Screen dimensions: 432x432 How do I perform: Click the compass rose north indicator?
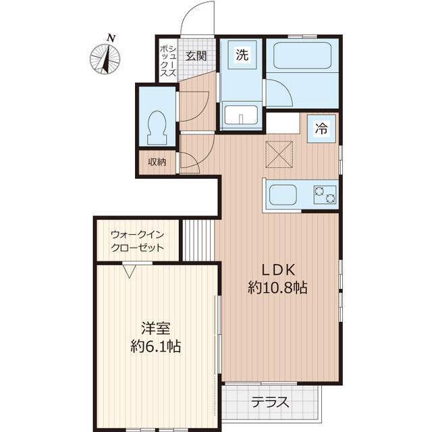click(105, 56)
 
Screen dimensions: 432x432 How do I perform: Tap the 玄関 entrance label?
click(196, 56)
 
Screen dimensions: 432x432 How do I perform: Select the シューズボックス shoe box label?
click(168, 61)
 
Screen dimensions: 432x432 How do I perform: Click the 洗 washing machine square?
click(242, 55)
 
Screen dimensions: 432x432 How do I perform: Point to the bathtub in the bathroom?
click(302, 55)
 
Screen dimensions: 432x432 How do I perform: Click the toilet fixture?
click(157, 128)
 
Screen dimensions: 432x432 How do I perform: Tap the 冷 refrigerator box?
click(321, 128)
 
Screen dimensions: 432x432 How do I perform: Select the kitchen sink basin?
click(283, 194)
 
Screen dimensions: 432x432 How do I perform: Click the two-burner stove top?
click(325, 194)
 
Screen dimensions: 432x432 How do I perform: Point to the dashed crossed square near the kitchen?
click(279, 155)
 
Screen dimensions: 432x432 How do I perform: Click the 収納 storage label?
click(157, 162)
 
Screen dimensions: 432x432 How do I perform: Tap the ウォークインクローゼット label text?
click(137, 241)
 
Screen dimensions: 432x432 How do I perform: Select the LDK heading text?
click(278, 270)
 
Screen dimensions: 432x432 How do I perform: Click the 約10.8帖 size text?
click(277, 288)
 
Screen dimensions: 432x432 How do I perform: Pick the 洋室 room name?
click(156, 328)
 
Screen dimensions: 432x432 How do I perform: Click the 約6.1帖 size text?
click(156, 346)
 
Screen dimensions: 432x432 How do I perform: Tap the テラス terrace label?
click(270, 402)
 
